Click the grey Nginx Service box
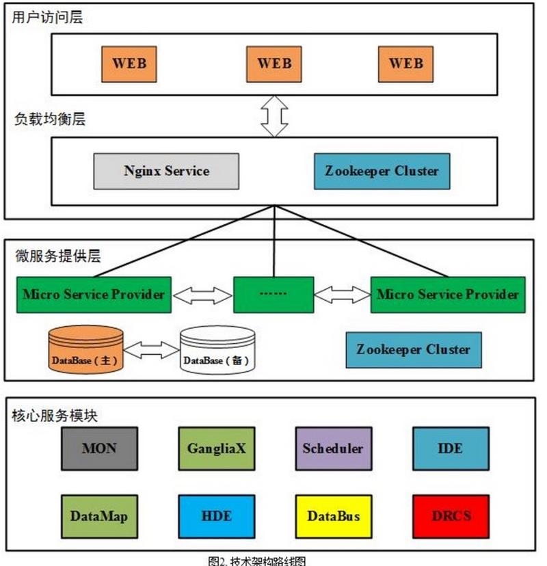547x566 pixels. click(x=166, y=171)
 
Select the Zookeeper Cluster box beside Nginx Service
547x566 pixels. click(x=382, y=171)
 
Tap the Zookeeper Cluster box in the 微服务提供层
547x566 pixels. click(x=413, y=350)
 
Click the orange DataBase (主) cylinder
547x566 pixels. click(x=86, y=351)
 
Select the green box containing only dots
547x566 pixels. click(x=273, y=295)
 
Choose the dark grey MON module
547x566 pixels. click(x=99, y=449)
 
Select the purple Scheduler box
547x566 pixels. click(x=333, y=449)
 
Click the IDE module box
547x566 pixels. click(x=450, y=449)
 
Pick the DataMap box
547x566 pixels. click(x=99, y=516)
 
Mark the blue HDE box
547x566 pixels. click(x=216, y=516)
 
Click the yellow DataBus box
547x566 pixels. click(x=333, y=516)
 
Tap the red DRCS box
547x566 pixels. click(x=451, y=516)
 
